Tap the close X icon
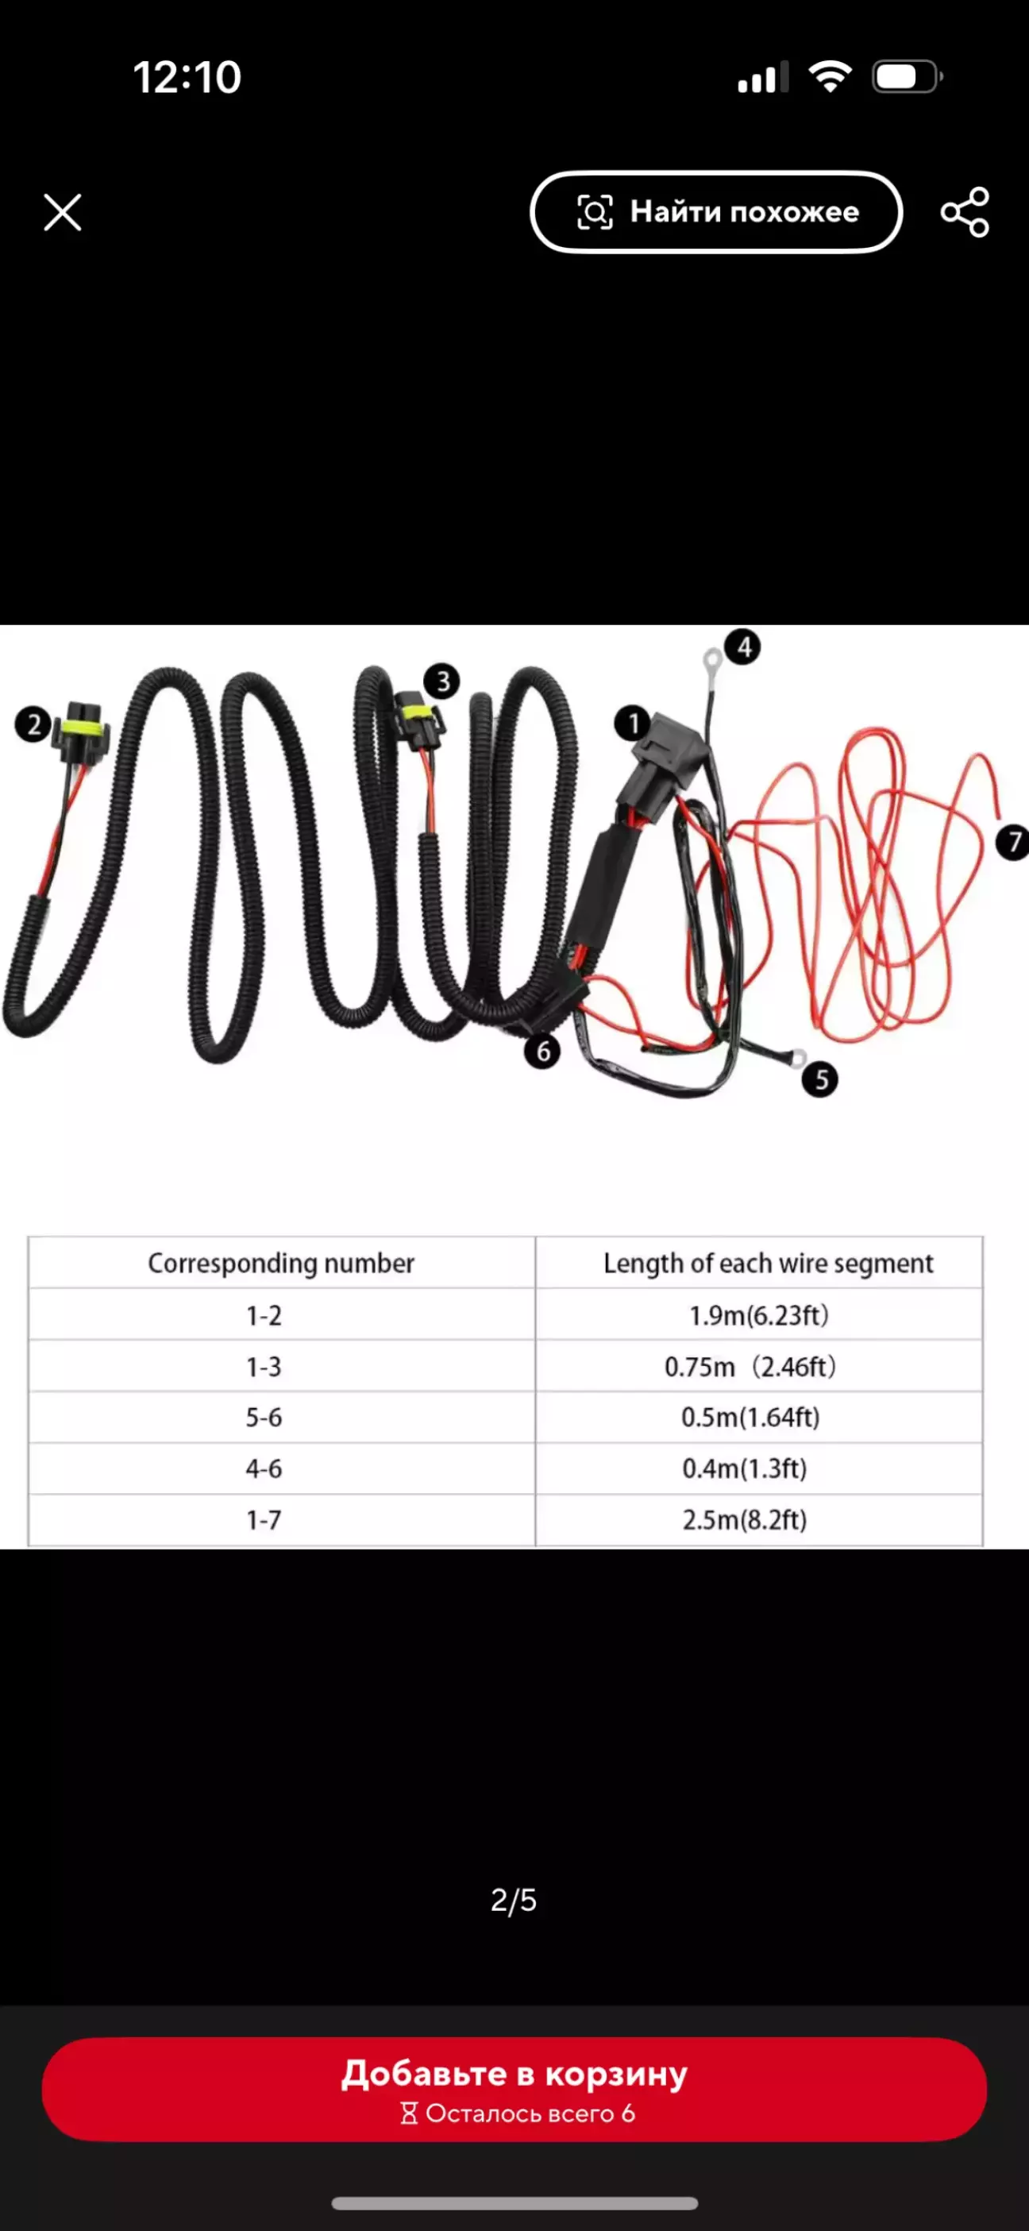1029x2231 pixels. click(63, 212)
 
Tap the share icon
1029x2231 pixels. click(965, 212)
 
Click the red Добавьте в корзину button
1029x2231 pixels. click(514, 2089)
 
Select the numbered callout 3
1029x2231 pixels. click(442, 681)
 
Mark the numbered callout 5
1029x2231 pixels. click(820, 1079)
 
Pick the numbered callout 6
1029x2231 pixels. click(542, 1051)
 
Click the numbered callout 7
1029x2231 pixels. click(1012, 842)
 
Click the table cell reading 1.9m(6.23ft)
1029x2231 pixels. click(759, 1314)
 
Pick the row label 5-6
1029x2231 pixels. click(264, 1417)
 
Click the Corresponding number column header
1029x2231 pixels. click(282, 1263)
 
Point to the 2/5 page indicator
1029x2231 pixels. click(514, 1899)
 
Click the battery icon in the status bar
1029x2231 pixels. click(907, 77)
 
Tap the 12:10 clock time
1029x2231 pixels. click(187, 77)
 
